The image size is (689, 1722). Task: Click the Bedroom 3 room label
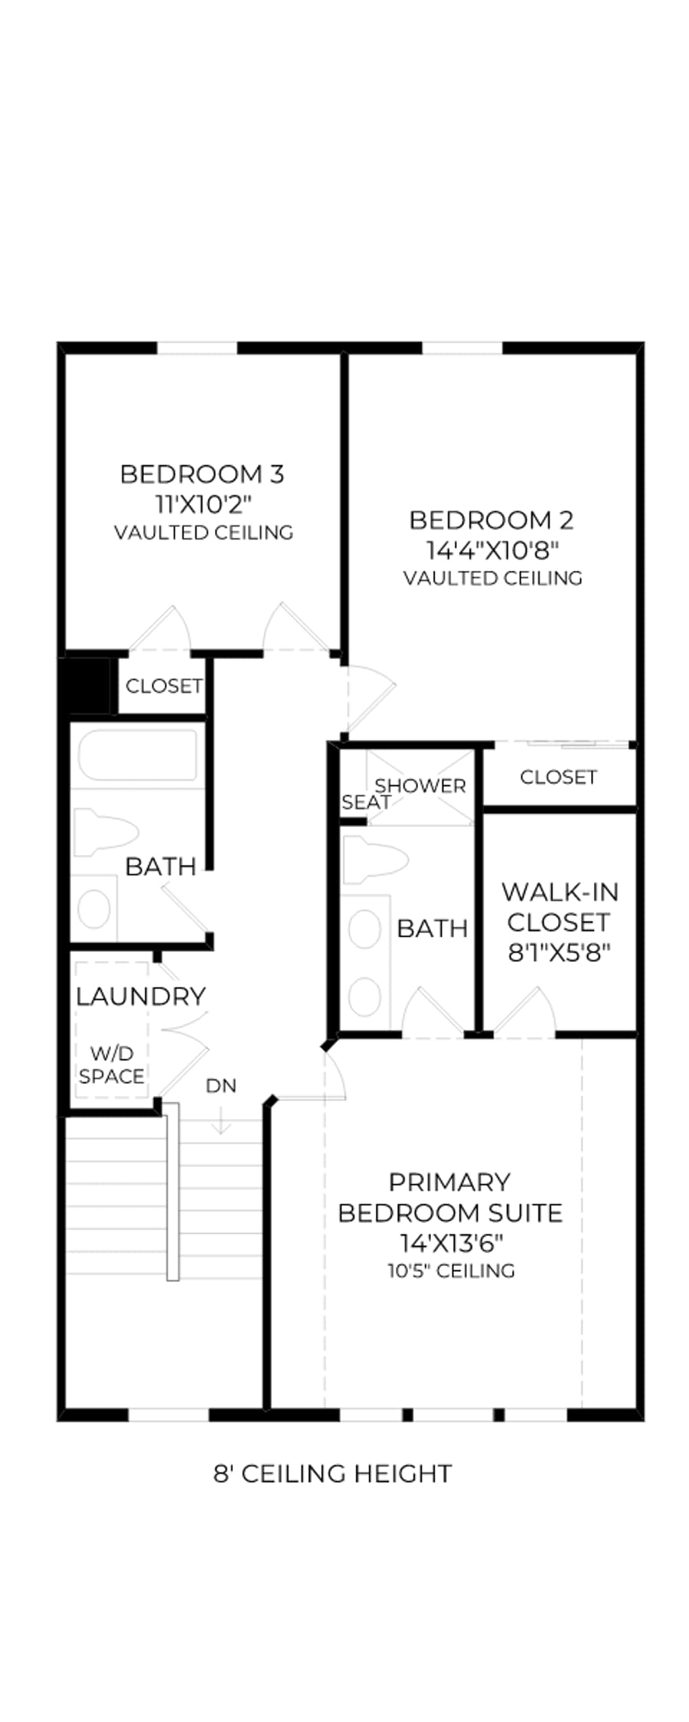pyautogui.click(x=202, y=475)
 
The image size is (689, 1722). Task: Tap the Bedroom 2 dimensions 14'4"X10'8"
pyautogui.click(x=491, y=550)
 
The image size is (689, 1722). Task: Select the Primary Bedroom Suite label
pyautogui.click(x=450, y=1198)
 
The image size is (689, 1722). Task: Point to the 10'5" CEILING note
pyautogui.click(x=451, y=1271)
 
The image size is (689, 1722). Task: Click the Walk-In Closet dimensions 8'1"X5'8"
pyautogui.click(x=560, y=953)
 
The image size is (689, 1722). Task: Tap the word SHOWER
pyautogui.click(x=420, y=786)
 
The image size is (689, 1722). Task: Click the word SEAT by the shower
pyautogui.click(x=366, y=802)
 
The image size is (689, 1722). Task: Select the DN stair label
pyautogui.click(x=221, y=1086)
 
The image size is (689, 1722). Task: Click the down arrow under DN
pyautogui.click(x=221, y=1122)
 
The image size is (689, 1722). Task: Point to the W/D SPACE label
pyautogui.click(x=112, y=1065)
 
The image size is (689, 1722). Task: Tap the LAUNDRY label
pyautogui.click(x=141, y=996)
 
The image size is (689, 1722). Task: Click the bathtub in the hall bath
pyautogui.click(x=138, y=756)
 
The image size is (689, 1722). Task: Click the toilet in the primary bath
pyautogui.click(x=374, y=860)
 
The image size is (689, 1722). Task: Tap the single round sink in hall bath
pyautogui.click(x=94, y=909)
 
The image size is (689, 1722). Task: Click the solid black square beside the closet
pyautogui.click(x=87, y=687)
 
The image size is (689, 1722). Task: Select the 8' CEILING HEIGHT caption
pyautogui.click(x=332, y=1473)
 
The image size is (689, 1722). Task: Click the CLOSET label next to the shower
pyautogui.click(x=558, y=778)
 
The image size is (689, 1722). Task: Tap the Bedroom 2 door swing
pyautogui.click(x=371, y=698)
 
